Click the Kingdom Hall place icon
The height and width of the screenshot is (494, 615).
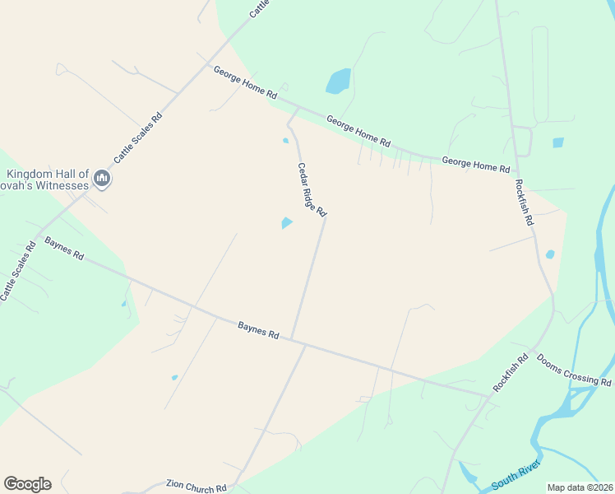pos(102,178)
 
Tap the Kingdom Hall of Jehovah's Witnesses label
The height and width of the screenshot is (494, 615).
pos(47,179)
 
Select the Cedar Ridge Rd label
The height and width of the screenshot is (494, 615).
pos(312,190)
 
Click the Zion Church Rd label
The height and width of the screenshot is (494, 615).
pos(196,487)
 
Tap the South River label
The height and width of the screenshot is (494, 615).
pos(515,483)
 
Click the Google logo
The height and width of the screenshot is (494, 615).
pos(27,483)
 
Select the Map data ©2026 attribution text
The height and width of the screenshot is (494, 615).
pos(580,487)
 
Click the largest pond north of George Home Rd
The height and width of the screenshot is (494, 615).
pos(338,81)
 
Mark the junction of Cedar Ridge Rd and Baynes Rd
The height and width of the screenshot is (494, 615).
pos(293,339)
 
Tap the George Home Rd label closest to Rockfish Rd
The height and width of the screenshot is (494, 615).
pos(475,164)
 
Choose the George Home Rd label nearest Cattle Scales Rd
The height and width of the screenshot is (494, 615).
pos(244,83)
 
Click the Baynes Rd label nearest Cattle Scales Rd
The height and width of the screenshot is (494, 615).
pos(64,249)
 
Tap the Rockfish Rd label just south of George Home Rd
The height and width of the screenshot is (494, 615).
pos(525,203)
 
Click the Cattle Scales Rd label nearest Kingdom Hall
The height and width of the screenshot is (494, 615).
pos(138,137)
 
